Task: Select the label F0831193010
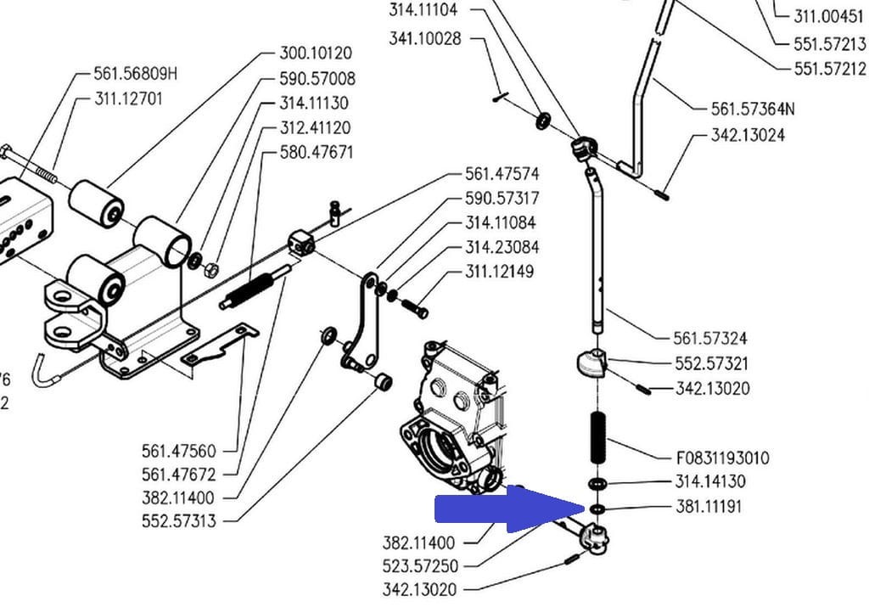pos(722,458)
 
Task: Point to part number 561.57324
pos(709,339)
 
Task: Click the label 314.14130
pos(710,482)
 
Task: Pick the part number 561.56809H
pos(136,74)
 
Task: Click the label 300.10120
pos(316,53)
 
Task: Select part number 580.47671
pos(316,153)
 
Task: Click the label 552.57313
pos(179,521)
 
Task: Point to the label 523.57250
pos(419,566)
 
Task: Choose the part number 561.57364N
pos(753,109)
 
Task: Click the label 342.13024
pos(748,135)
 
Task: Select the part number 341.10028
pos(425,38)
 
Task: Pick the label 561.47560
pos(179,450)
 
